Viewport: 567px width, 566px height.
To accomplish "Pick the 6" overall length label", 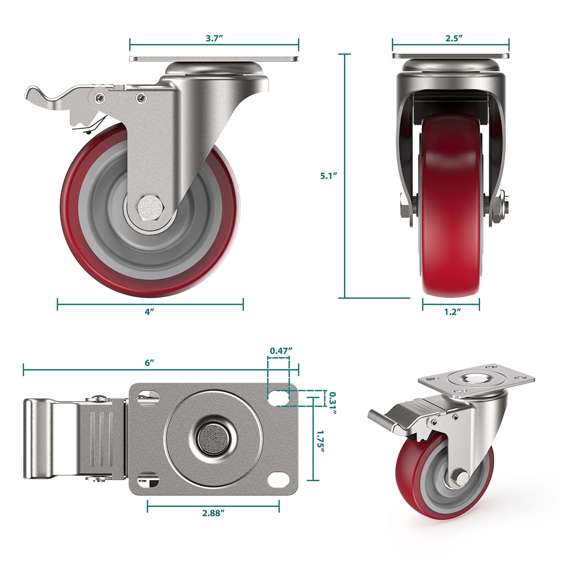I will click(x=149, y=363).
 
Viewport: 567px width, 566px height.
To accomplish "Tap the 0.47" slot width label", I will click(x=281, y=351).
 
